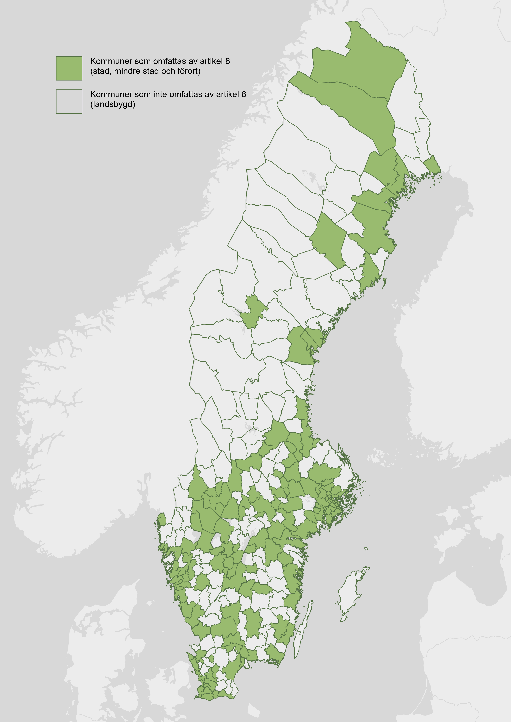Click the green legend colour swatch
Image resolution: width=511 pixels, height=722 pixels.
coord(69,68)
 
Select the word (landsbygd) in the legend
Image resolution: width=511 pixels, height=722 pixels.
coord(113,104)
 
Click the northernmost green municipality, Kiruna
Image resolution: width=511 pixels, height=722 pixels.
coord(362,63)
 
